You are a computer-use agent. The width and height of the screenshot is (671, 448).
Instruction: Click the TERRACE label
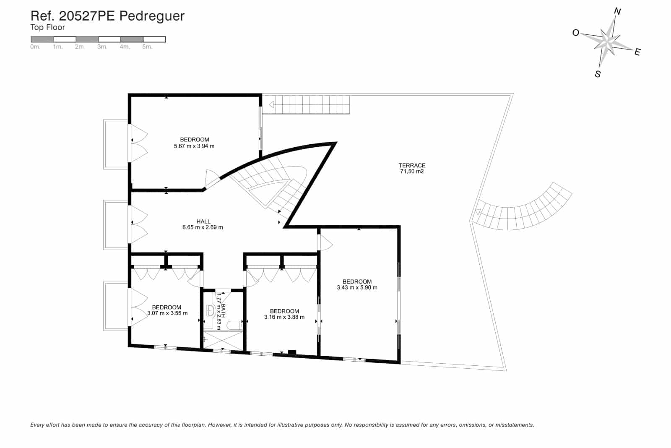(x=412, y=165)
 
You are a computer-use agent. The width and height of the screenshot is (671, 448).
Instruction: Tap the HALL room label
(x=203, y=221)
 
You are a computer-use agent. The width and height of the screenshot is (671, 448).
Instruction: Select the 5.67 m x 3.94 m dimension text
(x=194, y=146)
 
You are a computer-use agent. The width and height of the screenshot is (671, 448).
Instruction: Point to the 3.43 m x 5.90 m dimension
(x=357, y=288)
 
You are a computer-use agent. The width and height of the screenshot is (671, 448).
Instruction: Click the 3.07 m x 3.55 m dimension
(x=167, y=313)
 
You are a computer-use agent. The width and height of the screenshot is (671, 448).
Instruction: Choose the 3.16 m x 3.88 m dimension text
(x=284, y=317)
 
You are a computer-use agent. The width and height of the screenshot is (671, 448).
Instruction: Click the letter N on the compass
(x=617, y=12)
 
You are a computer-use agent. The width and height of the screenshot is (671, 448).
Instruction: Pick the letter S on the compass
(x=598, y=74)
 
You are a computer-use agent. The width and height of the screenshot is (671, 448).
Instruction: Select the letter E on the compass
(x=637, y=52)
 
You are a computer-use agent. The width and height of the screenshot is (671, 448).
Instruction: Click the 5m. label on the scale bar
(x=147, y=47)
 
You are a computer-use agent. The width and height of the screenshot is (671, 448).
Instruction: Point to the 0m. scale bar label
(x=35, y=47)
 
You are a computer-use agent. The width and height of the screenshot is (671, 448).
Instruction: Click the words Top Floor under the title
(x=47, y=28)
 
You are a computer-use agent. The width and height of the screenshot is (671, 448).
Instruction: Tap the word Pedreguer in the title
(x=152, y=16)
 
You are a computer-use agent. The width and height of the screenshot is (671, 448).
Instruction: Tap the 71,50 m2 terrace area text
(x=412, y=172)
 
